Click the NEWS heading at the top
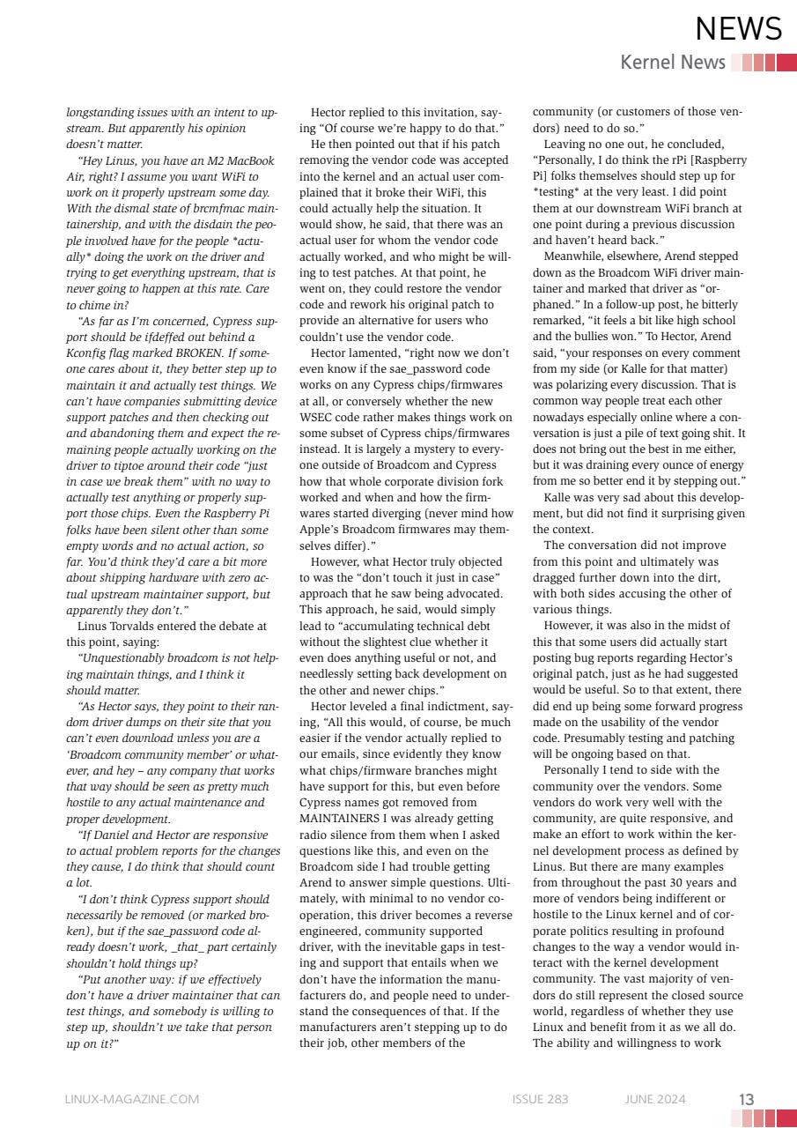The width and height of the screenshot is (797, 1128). click(738, 29)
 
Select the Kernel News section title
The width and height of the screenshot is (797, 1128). click(673, 62)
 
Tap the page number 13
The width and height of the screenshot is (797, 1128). click(746, 1099)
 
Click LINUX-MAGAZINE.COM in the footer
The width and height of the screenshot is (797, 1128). click(132, 1099)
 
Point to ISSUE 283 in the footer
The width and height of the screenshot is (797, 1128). click(540, 1099)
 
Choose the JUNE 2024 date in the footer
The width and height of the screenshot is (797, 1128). click(655, 1099)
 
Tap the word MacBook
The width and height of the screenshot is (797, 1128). click(251, 160)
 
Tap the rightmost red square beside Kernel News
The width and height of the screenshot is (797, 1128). click(786, 63)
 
